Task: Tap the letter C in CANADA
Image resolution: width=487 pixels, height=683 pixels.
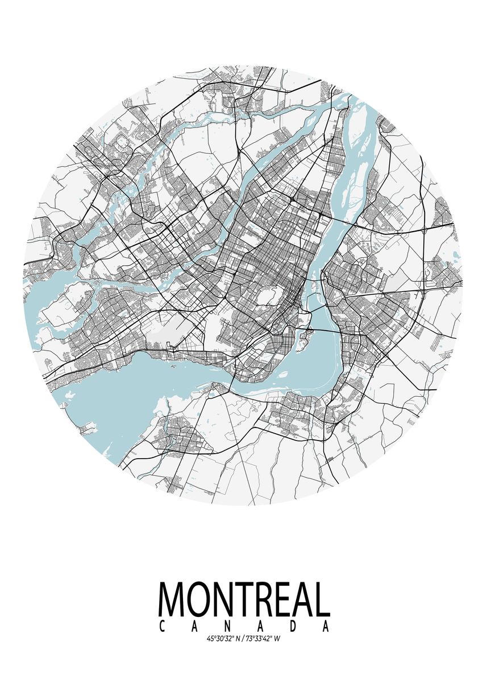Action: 163,626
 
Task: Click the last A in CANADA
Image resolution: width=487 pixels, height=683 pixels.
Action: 325,626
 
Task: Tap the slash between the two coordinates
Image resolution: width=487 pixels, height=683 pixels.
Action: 242,639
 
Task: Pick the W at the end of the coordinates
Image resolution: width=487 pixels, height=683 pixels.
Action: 277,639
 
